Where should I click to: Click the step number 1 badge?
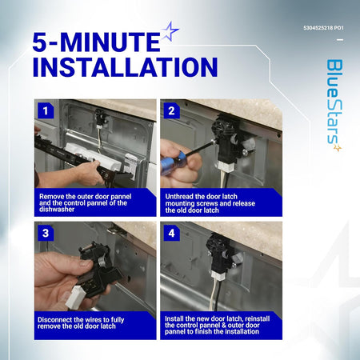(x=46, y=110)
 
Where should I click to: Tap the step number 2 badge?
(x=171, y=110)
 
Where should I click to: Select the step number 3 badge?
(x=46, y=233)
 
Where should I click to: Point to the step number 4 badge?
(x=171, y=233)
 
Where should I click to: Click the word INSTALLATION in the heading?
(x=125, y=67)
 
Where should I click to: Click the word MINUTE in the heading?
(x=110, y=42)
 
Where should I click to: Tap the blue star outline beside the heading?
(x=170, y=30)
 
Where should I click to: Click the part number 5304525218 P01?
(x=323, y=28)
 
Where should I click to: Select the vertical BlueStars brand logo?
(x=335, y=102)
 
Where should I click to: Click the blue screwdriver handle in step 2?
(x=172, y=162)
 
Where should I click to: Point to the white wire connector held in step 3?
(x=75, y=297)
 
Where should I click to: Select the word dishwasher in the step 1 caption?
(x=57, y=210)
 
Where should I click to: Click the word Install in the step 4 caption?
(x=174, y=318)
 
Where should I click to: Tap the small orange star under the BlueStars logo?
(x=338, y=148)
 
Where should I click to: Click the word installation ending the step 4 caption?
(x=241, y=331)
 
